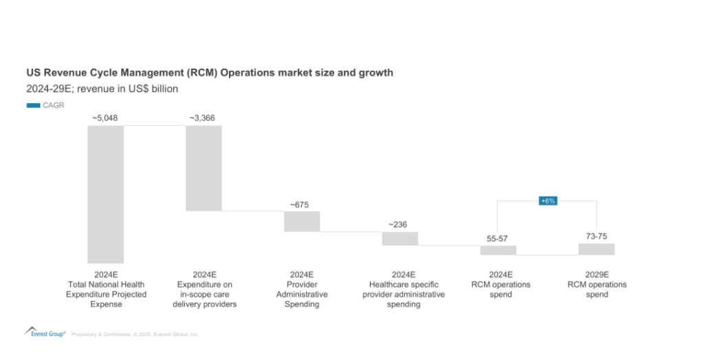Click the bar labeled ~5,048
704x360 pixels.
tap(105, 194)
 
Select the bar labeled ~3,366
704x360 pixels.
tap(203, 168)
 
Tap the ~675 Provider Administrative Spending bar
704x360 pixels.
tap(302, 221)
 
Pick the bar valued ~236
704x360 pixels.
tap(400, 238)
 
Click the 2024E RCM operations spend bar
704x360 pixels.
tap(498, 250)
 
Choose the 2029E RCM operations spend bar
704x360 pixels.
tap(596, 249)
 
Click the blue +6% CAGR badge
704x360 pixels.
tap(548, 201)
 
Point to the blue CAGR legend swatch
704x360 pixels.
tap(33, 105)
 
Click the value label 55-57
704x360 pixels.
tap(498, 239)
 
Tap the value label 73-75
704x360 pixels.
tap(596, 236)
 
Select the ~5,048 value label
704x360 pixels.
tap(105, 118)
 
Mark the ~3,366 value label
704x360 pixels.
tap(203, 118)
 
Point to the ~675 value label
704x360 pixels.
tap(302, 204)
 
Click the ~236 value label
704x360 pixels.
tap(400, 225)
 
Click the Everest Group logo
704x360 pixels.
tap(45, 333)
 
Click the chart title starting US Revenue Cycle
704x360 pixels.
tap(210, 72)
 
